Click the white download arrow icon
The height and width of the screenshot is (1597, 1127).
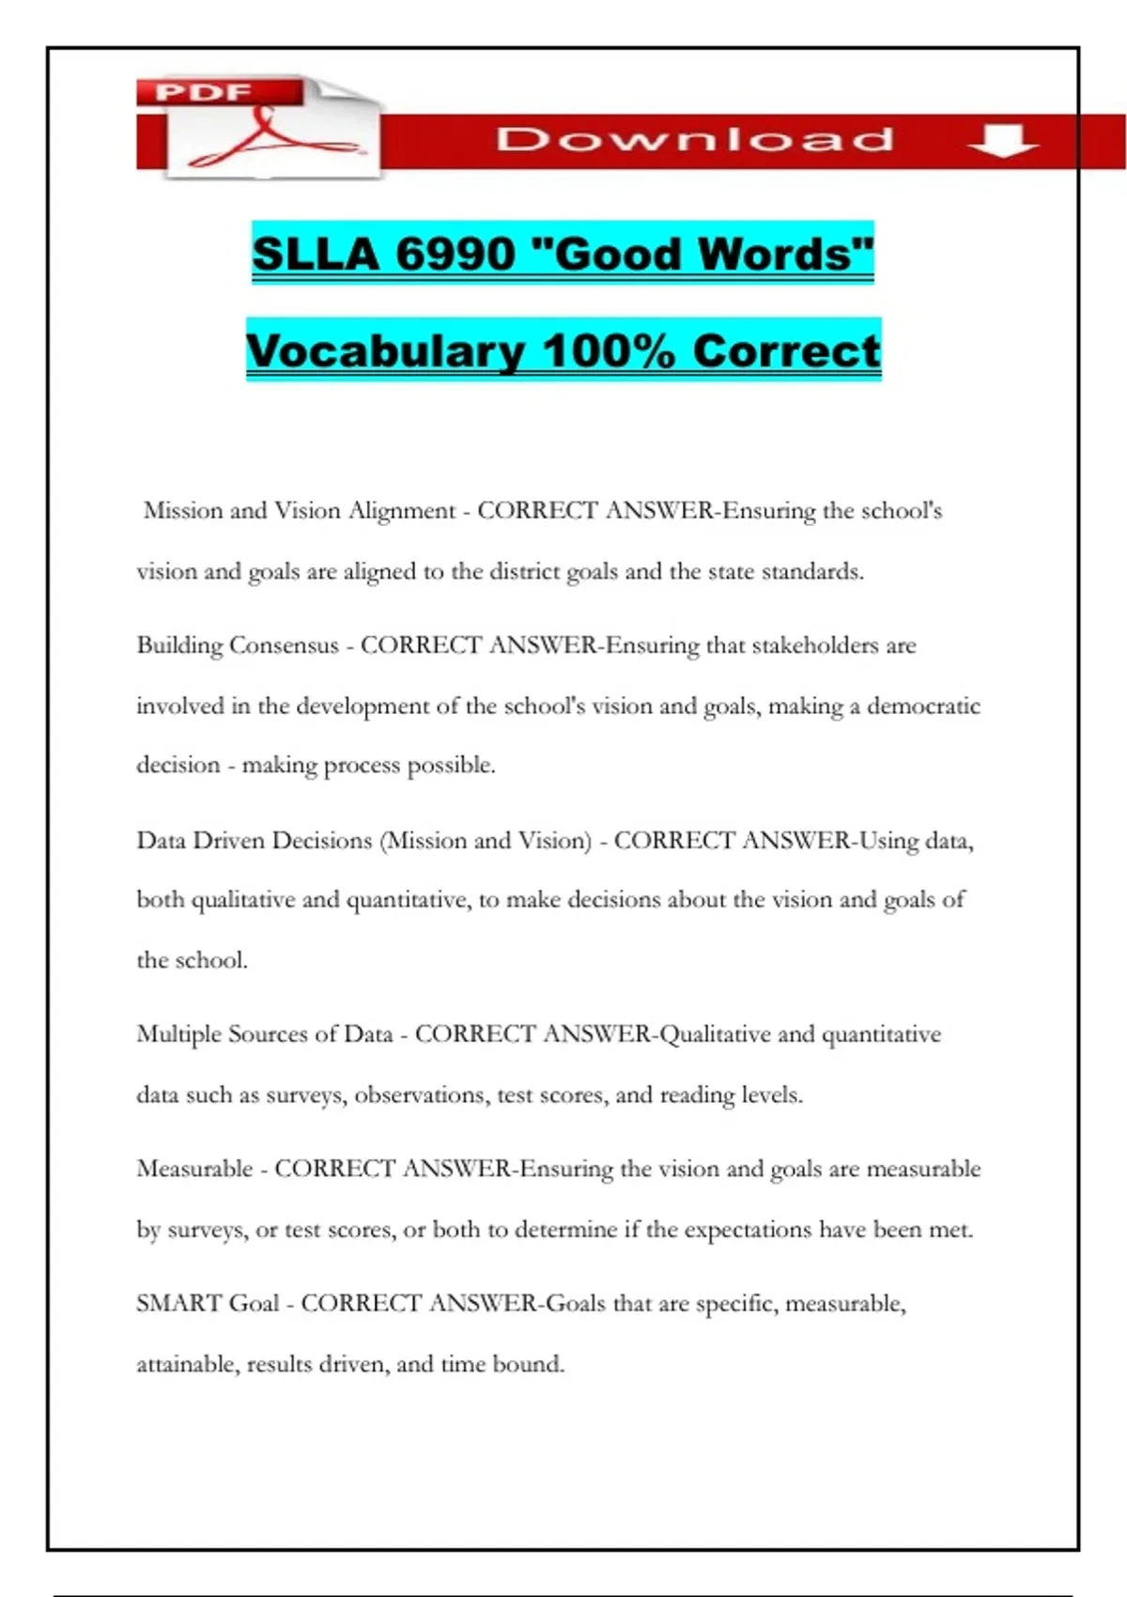1002,141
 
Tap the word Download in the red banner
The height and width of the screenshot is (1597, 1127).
695,140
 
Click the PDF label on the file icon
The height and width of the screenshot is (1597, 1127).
203,92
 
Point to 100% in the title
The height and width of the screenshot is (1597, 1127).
609,351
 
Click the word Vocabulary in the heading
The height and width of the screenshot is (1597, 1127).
385,351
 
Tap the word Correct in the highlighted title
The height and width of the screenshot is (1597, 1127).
786,351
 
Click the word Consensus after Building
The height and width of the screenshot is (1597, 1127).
284,645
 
